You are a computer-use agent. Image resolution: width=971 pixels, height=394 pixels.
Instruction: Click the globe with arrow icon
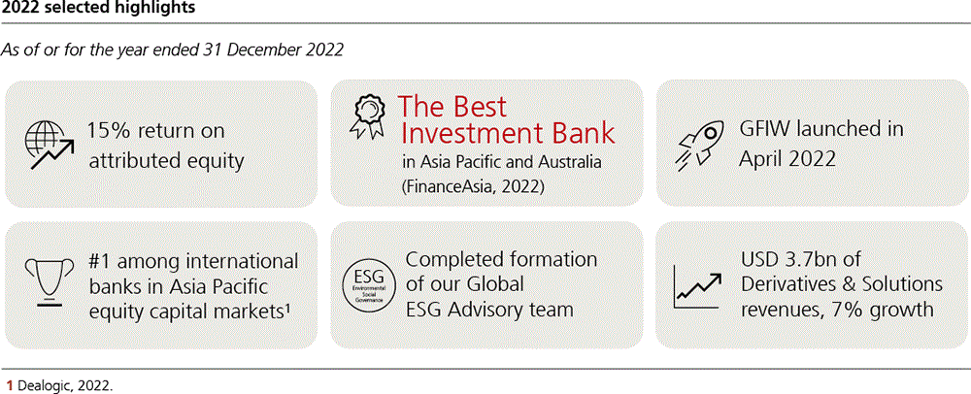pos(50,146)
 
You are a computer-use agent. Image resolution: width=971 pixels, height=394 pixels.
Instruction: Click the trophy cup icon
pos(48,282)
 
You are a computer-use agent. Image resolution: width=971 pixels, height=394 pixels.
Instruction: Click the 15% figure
pos(109,132)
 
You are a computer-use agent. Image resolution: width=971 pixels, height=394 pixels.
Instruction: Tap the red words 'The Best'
pos(452,108)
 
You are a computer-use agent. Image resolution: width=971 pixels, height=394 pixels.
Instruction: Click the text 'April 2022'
pos(787,159)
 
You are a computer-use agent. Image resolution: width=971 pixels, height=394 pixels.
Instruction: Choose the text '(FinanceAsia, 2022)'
pos(474,185)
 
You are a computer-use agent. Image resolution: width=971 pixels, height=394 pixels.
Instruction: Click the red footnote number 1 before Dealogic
pos(10,384)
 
